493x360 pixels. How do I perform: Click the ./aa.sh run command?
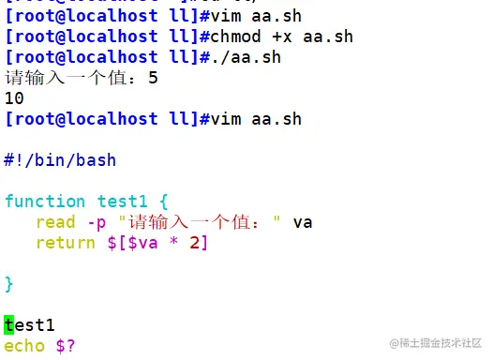(238, 57)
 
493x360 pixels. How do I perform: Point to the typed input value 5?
(153, 78)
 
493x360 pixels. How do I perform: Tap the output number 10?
(14, 98)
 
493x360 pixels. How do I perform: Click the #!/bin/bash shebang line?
(60, 160)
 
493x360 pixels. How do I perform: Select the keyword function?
(45, 202)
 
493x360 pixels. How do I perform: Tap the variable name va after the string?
(302, 222)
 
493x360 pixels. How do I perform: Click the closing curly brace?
(9, 283)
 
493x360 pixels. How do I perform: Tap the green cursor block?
(9, 325)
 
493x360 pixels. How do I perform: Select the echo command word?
(24, 346)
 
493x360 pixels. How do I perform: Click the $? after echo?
(66, 346)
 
